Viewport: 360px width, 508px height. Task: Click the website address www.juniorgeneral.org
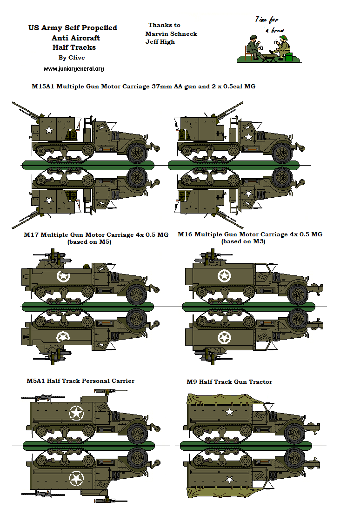click(x=73, y=69)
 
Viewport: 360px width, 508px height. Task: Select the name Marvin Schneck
click(x=171, y=33)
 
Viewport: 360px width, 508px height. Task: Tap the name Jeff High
click(x=160, y=41)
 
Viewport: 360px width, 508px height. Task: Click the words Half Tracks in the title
click(x=74, y=47)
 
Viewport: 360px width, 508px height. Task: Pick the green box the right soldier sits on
click(x=288, y=57)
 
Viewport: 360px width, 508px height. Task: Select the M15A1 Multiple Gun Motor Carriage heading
click(x=143, y=87)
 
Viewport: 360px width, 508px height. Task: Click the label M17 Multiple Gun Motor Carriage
click(x=96, y=234)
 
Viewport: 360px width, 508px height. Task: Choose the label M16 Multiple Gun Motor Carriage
click(x=250, y=234)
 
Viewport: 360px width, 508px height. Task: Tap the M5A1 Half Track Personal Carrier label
click(x=80, y=381)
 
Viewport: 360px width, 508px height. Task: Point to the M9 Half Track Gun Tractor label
click(x=229, y=381)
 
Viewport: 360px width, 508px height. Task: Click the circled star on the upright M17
click(x=63, y=277)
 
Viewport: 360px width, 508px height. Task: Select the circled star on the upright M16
click(x=224, y=275)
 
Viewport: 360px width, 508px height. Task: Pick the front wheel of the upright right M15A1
click(x=282, y=152)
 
